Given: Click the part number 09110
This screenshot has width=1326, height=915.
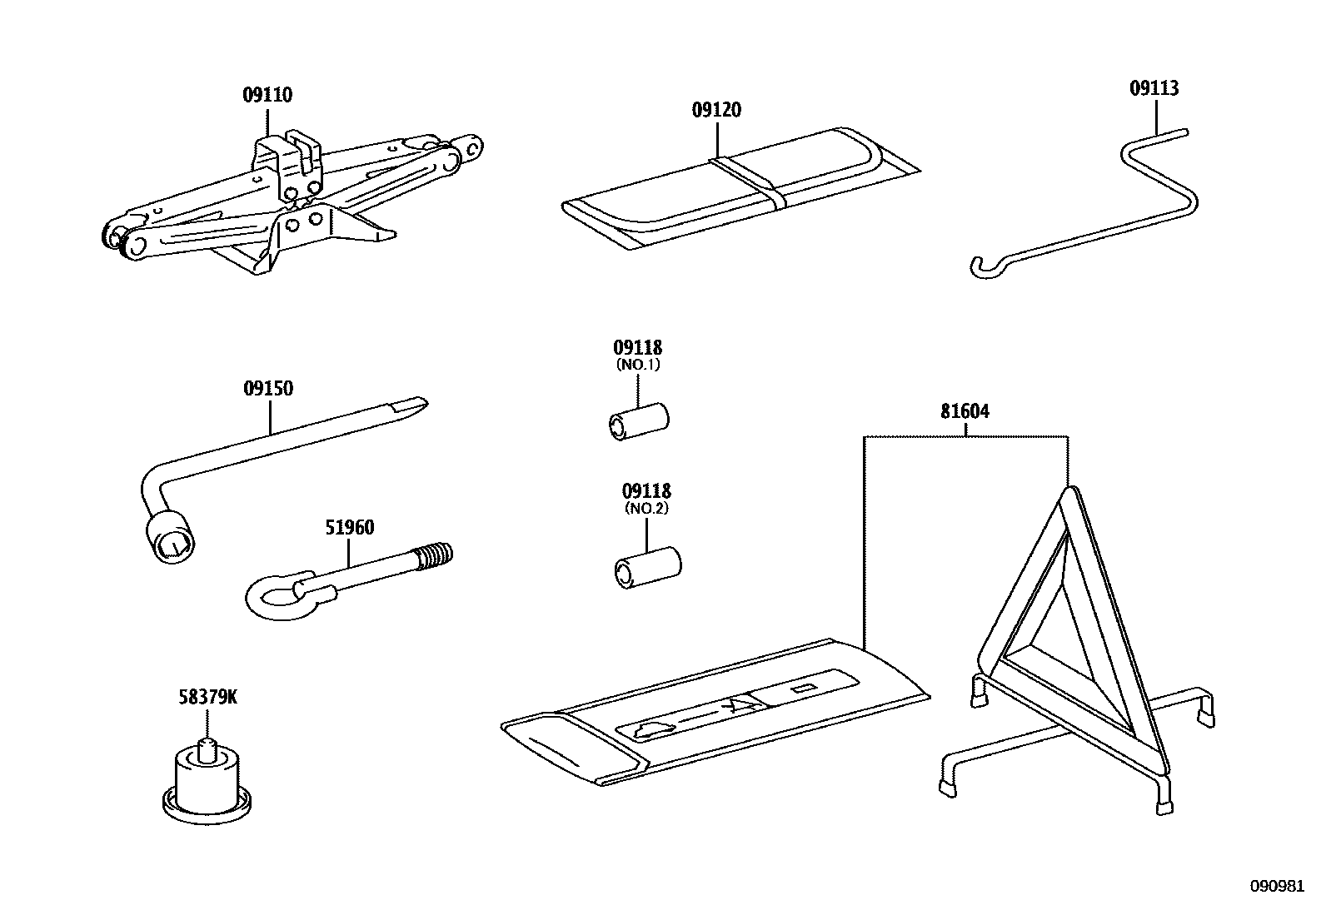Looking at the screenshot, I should click(267, 95).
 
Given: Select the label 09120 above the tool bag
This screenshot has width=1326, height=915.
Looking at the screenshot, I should click(715, 110).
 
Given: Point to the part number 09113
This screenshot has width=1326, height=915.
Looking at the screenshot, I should click(1154, 88).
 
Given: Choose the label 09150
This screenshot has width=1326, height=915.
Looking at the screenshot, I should click(268, 388).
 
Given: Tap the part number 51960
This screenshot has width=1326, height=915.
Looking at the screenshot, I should click(349, 527).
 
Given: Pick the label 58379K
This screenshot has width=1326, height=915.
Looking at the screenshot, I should click(207, 697).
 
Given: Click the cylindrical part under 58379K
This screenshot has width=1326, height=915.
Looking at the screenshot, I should click(207, 778).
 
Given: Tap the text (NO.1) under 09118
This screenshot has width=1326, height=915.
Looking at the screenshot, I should click(638, 365).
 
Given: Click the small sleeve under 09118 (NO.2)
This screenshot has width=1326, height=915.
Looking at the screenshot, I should click(647, 567).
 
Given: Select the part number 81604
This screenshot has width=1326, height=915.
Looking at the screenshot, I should click(965, 411).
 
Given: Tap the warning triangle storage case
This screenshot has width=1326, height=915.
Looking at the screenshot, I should click(716, 712).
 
